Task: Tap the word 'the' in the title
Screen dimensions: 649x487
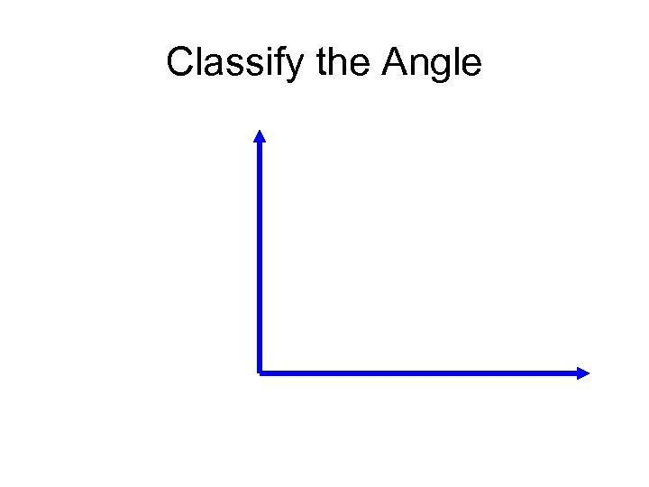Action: click(x=345, y=63)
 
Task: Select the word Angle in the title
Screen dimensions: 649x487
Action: click(x=432, y=63)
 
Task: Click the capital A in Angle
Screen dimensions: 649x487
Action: click(x=394, y=63)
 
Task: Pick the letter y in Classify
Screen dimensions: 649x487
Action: click(x=302, y=67)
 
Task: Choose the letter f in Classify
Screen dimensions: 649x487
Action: click(x=288, y=63)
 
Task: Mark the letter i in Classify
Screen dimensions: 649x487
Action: click(x=276, y=63)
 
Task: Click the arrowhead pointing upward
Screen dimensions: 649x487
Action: click(x=260, y=136)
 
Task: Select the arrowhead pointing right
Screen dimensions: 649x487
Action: click(x=582, y=372)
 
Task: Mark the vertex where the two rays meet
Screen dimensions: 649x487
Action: click(x=260, y=372)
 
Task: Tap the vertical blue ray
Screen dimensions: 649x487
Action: click(x=260, y=253)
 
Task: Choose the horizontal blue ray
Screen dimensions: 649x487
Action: click(x=415, y=372)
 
